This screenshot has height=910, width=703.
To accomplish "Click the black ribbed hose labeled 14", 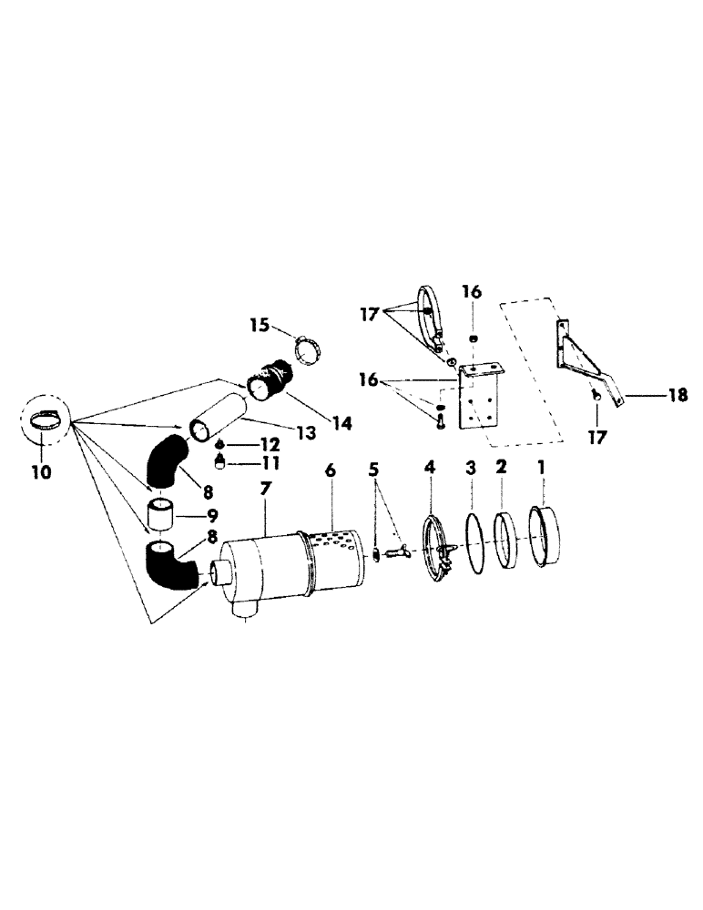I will [x=270, y=381].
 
